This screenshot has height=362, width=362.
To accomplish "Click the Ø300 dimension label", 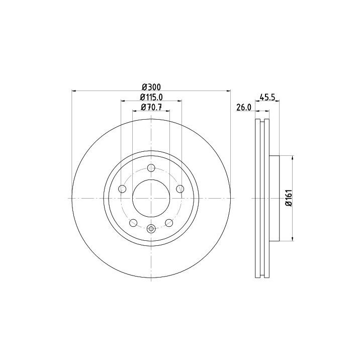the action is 151,87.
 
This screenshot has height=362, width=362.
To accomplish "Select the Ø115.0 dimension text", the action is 151,98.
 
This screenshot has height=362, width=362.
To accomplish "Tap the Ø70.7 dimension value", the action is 151,108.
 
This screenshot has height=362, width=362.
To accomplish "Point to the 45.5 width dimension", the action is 267,97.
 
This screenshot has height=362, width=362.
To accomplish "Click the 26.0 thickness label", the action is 243,108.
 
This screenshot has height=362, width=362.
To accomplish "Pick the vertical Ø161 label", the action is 289,198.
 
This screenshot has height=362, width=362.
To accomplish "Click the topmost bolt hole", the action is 151,168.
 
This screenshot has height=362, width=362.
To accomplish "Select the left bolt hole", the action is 122,189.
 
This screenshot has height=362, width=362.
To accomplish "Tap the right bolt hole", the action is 180,189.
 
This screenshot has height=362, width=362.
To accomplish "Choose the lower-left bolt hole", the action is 133,223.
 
